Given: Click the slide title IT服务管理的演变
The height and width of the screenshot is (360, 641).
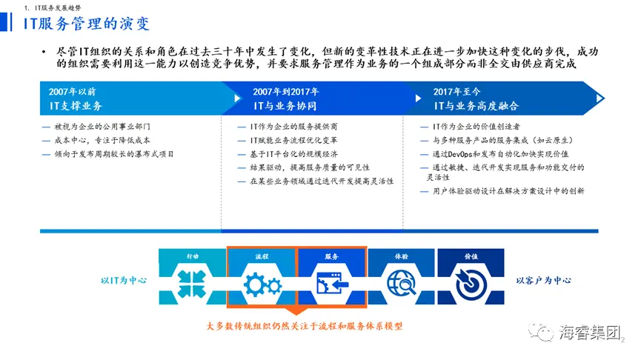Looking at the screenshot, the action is pyautogui.click(x=87, y=23).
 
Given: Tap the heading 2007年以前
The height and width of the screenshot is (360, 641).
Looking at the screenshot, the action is pyautogui.click(x=73, y=92).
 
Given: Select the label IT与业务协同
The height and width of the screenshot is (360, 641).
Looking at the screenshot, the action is pyautogui.click(x=285, y=106).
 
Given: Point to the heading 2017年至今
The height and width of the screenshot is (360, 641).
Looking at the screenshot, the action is pyautogui.click(x=456, y=92).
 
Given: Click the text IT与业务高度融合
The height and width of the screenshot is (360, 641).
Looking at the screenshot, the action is pyautogui.click(x=476, y=106).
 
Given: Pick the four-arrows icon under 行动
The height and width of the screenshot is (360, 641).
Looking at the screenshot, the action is pyautogui.click(x=192, y=284).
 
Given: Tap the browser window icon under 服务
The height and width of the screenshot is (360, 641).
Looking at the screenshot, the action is pyautogui.click(x=332, y=283).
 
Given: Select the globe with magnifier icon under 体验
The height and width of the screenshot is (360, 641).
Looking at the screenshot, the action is pyautogui.click(x=402, y=282).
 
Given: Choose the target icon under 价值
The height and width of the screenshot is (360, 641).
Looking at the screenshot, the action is pyautogui.click(x=471, y=284).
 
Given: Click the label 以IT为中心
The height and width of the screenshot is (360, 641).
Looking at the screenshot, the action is pyautogui.click(x=124, y=280).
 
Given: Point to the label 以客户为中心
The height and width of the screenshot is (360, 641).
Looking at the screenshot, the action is pyautogui.click(x=544, y=280).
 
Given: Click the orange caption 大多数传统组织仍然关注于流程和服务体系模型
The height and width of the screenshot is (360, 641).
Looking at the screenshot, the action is pyautogui.click(x=305, y=326).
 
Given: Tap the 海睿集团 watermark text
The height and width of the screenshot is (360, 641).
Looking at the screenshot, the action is pyautogui.click(x=590, y=332).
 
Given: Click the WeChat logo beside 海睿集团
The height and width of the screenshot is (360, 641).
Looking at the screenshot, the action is pyautogui.click(x=541, y=332).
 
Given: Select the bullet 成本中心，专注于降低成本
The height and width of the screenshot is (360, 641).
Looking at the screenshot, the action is pyautogui.click(x=102, y=140).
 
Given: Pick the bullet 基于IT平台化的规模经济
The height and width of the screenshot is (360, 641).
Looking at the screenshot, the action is pyautogui.click(x=294, y=154).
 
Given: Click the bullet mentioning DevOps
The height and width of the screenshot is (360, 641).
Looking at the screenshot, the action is pyautogui.click(x=500, y=154).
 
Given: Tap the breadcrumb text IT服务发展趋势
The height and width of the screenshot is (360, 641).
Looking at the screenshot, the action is pyautogui.click(x=58, y=7).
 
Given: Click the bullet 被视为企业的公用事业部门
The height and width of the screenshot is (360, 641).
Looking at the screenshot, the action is pyautogui.click(x=102, y=127).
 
